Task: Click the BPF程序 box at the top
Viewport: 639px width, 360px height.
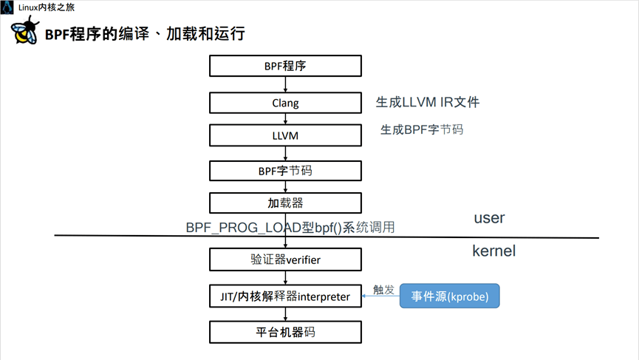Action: point(285,66)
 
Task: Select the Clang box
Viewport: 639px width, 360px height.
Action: point(285,103)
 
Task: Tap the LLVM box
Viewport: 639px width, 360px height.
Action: point(285,136)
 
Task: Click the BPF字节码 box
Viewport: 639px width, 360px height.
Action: point(285,171)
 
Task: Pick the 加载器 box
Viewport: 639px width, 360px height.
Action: point(285,203)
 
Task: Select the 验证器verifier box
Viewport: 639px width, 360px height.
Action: point(285,259)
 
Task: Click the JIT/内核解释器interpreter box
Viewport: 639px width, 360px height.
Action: point(285,296)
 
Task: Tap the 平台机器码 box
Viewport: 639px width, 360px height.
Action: point(285,332)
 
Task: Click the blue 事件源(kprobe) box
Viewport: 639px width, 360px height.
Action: point(449,296)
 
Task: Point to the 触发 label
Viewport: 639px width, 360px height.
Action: point(383,290)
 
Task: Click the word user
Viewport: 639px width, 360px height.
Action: point(489,217)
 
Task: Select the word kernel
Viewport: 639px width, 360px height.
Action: point(493,251)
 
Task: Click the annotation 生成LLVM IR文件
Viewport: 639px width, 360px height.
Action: point(427,102)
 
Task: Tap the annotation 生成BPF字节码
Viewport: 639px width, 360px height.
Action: point(422,129)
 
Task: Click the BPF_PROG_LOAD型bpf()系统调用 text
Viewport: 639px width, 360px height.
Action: point(290,228)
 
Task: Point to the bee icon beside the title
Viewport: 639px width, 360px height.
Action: point(24,30)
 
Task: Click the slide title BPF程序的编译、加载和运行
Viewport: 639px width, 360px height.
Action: point(145,34)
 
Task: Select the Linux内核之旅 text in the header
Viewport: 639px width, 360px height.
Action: point(46,7)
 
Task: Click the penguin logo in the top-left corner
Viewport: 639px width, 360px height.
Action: point(7,7)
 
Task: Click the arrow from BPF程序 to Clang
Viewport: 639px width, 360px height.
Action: point(285,84)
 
